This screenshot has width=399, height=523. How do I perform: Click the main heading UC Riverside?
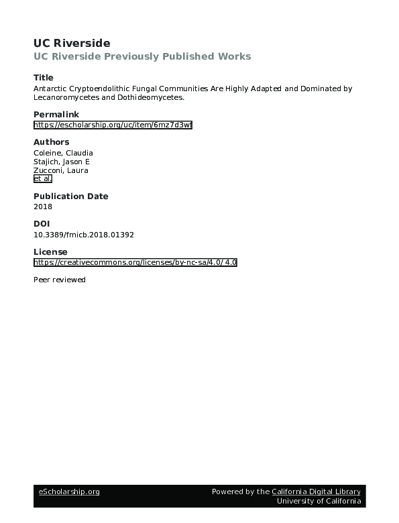click(72, 43)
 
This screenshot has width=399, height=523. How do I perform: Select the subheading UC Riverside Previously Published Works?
click(142, 56)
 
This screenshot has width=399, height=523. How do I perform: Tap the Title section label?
click(44, 78)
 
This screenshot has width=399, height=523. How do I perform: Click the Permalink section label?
click(56, 115)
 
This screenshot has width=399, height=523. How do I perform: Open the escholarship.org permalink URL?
click(113, 125)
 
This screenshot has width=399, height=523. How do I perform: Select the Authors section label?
click(51, 142)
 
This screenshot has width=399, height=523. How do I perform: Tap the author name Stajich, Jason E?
click(61, 162)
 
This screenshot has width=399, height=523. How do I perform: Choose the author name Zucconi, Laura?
click(60, 170)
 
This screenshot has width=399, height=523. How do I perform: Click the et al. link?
click(42, 179)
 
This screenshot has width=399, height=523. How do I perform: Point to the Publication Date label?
click(70, 196)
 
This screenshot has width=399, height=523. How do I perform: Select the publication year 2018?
click(42, 207)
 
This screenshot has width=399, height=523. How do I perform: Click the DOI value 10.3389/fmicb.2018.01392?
click(84, 235)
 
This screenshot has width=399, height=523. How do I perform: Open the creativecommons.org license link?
click(135, 262)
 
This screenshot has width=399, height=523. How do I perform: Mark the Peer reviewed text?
click(60, 280)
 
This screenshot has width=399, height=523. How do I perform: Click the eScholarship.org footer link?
click(68, 491)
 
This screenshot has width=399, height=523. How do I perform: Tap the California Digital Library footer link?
click(316, 491)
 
